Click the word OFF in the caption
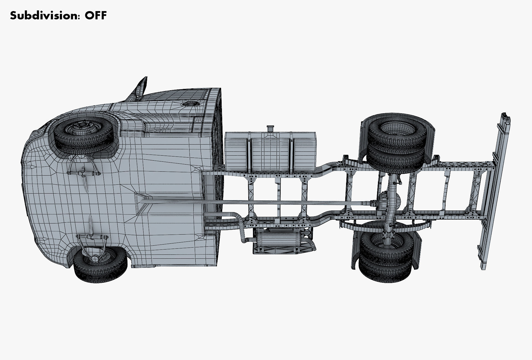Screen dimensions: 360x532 (96, 16)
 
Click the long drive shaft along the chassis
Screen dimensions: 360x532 (249, 204)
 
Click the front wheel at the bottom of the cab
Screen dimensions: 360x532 (101, 264)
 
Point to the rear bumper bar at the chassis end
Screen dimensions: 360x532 (496, 191)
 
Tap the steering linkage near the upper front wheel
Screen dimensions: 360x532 (83, 173)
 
